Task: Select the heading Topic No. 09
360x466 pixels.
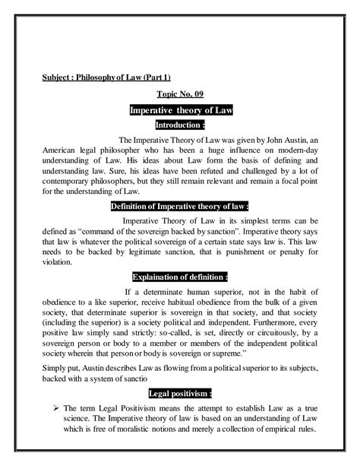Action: [180, 95]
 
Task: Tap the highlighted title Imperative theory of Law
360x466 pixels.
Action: [180, 110]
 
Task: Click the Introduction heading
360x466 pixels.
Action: [180, 125]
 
